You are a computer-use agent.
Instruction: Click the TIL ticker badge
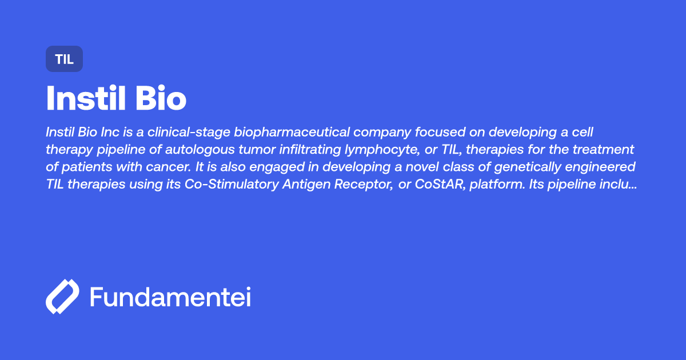pyautogui.click(x=64, y=59)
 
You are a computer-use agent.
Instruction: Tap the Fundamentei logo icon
pyautogui.click(x=62, y=297)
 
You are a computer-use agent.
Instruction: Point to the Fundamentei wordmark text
pyautogui.click(x=170, y=297)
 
